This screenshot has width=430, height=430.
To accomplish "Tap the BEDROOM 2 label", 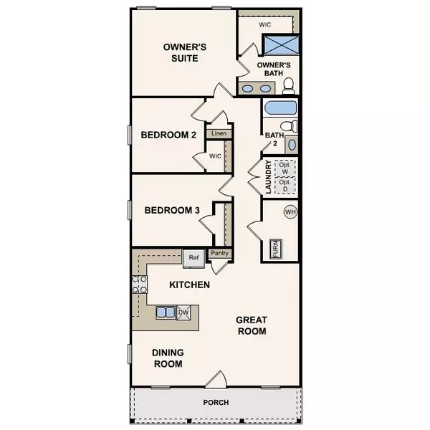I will click(168, 134).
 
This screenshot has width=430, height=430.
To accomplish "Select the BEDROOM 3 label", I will click(172, 211).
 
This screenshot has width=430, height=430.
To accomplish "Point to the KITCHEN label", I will click(189, 285).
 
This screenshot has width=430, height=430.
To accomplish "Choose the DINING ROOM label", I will click(167, 358).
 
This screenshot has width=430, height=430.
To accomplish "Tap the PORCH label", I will click(215, 403).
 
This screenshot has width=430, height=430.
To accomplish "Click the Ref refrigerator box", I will click(192, 257).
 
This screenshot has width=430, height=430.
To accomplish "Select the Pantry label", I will click(219, 254).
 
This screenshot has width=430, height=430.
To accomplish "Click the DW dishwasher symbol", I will click(183, 312).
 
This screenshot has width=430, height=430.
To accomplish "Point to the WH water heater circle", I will click(290, 212).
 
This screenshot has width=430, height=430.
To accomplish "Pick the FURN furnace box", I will click(274, 249).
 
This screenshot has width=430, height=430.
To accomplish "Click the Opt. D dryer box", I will click(285, 185).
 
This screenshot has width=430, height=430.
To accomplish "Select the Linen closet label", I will click(218, 133).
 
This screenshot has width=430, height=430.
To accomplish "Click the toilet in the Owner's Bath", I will click(289, 86).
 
